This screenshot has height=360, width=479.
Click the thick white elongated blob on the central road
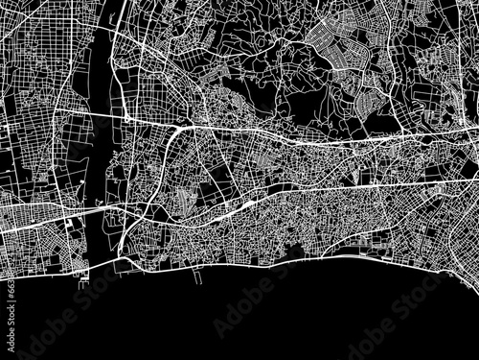click(245, 204)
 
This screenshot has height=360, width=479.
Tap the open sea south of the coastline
click(287, 317)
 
